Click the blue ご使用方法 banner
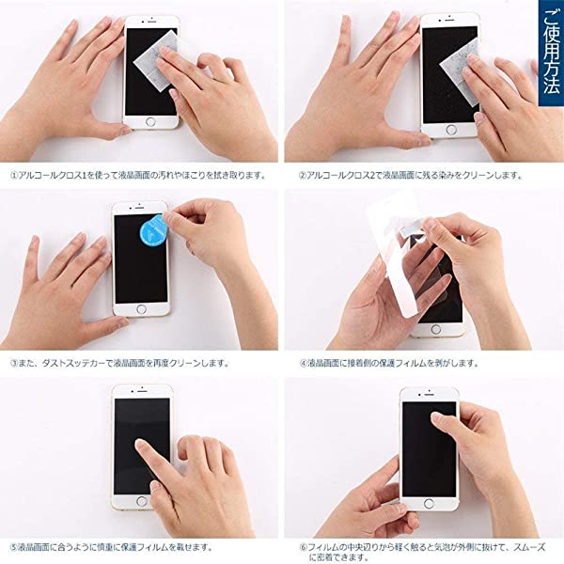(551, 53)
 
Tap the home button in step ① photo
(150, 121)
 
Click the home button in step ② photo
(451, 130)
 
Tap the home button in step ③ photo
(141, 309)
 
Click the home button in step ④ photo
(435, 329)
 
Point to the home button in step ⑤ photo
(141, 501)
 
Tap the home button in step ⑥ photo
(429, 503)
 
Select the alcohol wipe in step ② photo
(461, 72)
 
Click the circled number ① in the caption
(14, 176)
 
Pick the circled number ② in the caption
(302, 176)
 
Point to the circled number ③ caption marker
(14, 363)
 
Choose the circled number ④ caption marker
(304, 363)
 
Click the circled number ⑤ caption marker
(14, 547)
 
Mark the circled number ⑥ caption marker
(304, 547)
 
